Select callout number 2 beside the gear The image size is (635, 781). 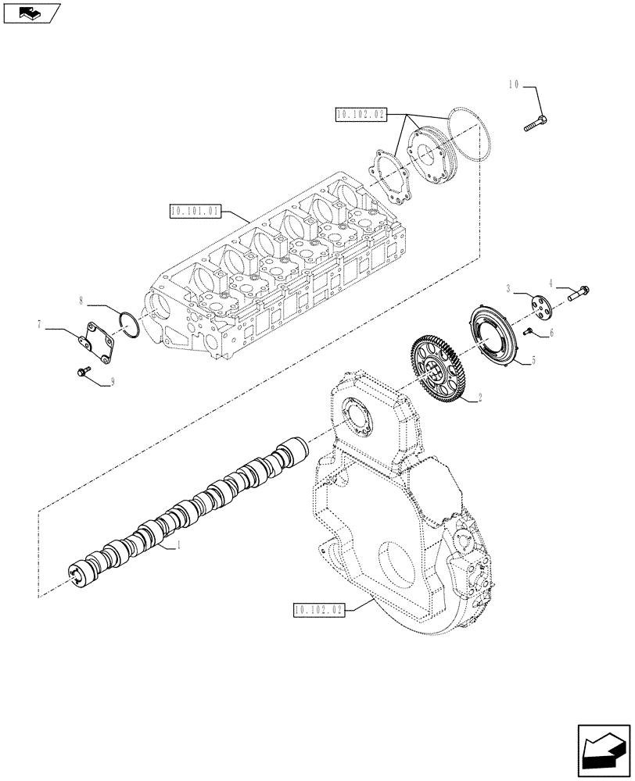coord(479,398)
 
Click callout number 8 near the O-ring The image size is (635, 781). coord(81,299)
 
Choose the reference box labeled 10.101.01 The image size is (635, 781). coord(196,210)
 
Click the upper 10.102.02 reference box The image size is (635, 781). coord(361,114)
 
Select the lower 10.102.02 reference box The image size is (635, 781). coord(319,610)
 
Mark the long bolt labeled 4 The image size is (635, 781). coord(576,294)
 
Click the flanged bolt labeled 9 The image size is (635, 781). coord(81,373)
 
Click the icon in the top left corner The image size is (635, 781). coord(31,12)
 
